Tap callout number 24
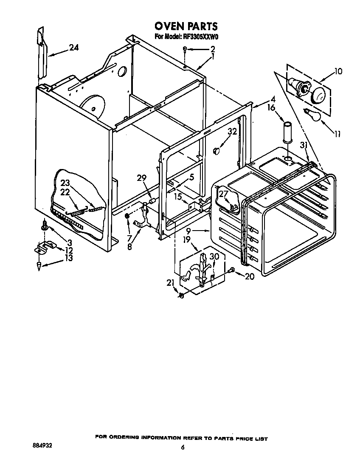[x=73, y=48]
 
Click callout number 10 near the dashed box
[x=338, y=71]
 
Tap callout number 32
[x=231, y=132]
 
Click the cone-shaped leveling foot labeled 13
[x=39, y=266]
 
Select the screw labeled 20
[x=231, y=270]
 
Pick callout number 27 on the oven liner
[x=223, y=194]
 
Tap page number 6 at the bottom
[x=183, y=447]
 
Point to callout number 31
[x=304, y=145]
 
